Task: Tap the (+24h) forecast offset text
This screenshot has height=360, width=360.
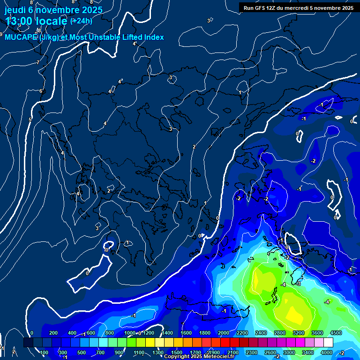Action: (x=81, y=21)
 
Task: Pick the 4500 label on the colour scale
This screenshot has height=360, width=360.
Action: (x=336, y=333)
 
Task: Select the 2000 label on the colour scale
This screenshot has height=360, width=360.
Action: (x=224, y=333)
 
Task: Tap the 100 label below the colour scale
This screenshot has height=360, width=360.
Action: (x=45, y=352)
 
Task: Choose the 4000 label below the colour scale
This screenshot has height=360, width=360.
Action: (x=327, y=352)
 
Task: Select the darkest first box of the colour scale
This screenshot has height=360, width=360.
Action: (x=28, y=343)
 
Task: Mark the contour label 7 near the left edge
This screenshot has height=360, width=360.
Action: (x=38, y=62)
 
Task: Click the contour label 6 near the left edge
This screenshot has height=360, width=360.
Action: (x=41, y=91)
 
